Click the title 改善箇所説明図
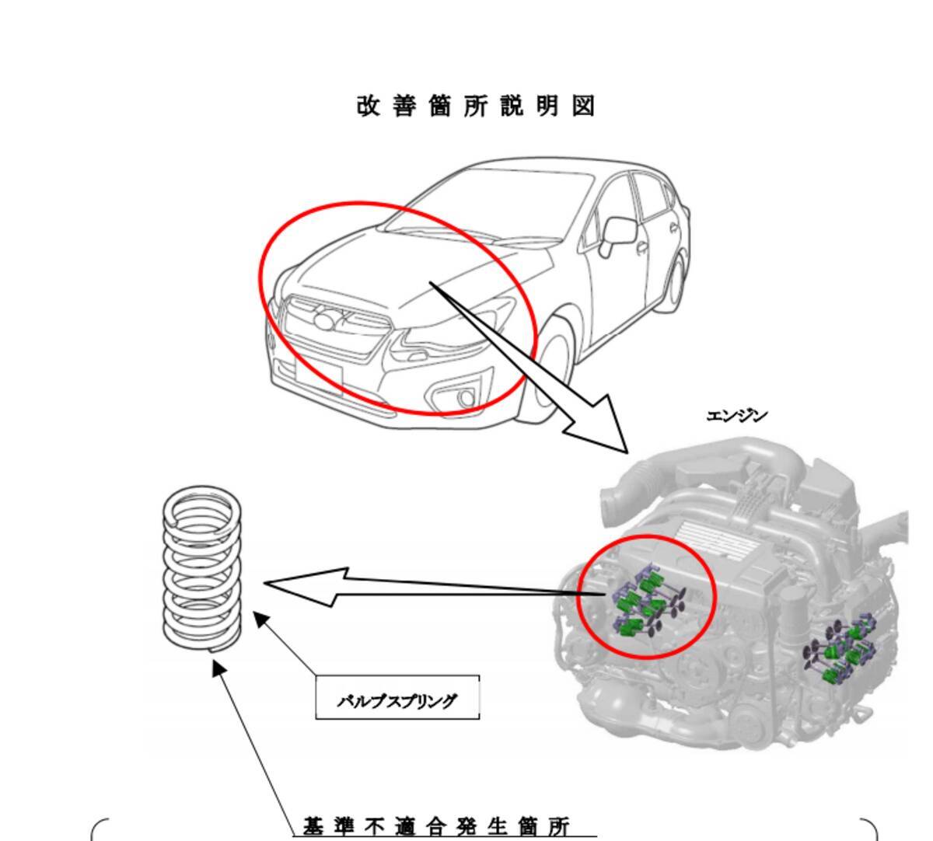pos(476,106)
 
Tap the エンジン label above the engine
pos(736,416)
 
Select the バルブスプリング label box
pos(397,698)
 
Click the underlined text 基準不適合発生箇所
pos(436,825)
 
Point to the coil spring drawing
pos(202,567)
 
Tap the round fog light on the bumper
pos(466,399)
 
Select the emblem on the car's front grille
pos(325,320)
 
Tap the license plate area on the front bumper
pos(318,377)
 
